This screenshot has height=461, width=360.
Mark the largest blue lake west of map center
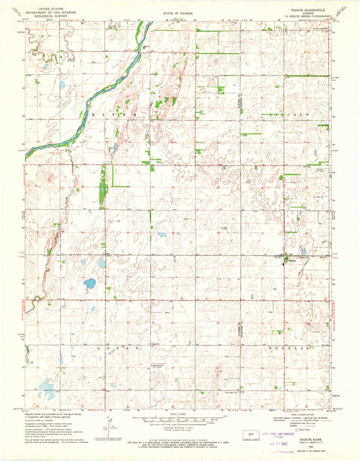pyautogui.click(x=89, y=284)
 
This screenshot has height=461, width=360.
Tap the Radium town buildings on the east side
pyautogui.click(x=287, y=257)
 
